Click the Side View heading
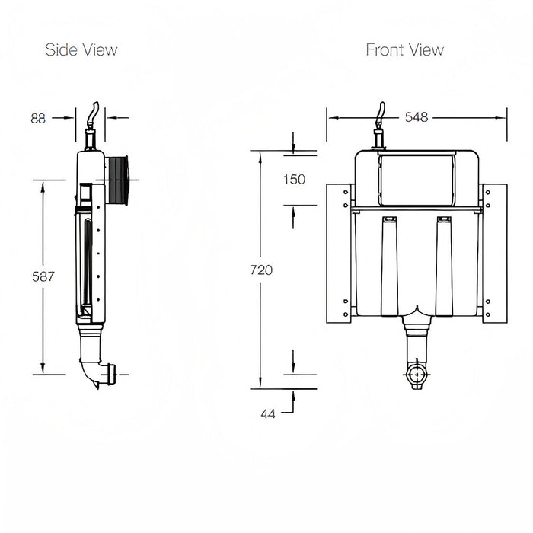81,50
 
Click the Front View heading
405,50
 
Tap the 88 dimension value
38,118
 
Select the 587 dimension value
43,276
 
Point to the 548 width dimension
417,117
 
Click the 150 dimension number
294,179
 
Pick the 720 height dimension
261,270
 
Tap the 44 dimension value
268,413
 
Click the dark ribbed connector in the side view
117,180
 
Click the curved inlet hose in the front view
381,114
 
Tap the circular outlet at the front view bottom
417,375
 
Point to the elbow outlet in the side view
97,372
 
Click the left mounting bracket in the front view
339,254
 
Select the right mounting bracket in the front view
495,254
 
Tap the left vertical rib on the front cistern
390,266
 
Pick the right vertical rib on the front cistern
444,266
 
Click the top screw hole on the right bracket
488,193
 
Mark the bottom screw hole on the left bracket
346,314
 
